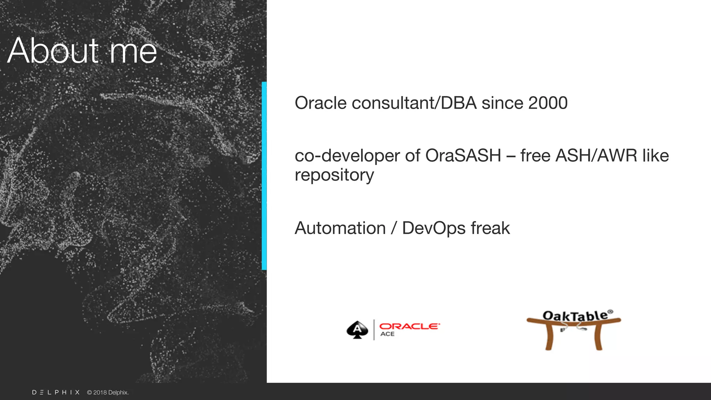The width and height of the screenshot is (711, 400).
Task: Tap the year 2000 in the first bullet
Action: pos(547,103)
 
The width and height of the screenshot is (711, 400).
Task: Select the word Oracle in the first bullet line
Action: pos(320,103)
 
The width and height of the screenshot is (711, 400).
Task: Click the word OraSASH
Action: pos(463,156)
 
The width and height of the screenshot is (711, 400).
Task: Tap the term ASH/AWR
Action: pos(596,156)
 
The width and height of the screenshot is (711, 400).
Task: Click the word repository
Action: pos(334,175)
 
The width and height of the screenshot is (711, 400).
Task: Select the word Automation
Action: pos(340,228)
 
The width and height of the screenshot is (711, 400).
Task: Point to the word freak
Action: pos(490,228)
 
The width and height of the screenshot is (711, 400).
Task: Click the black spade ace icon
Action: pos(357,330)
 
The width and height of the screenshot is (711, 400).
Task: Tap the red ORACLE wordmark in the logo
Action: pos(409,326)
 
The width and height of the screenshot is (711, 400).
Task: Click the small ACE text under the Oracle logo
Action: pos(387,334)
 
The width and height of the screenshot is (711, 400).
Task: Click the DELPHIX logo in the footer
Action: pos(56,392)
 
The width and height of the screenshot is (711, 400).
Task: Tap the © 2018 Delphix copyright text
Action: pos(108,392)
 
